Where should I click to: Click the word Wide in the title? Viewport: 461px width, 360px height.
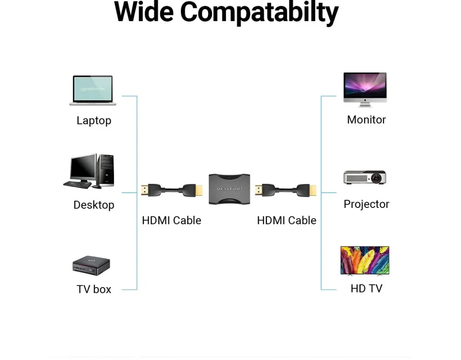[144, 12]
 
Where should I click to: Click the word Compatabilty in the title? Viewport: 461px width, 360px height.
[259, 13]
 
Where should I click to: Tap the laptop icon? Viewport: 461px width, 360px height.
[93, 90]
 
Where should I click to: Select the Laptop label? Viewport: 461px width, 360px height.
[94, 121]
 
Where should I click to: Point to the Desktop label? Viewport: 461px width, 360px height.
[94, 205]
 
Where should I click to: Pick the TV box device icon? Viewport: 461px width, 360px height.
[91, 265]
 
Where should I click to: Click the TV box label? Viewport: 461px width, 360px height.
[94, 289]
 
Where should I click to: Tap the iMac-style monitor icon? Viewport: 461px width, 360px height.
[365, 89]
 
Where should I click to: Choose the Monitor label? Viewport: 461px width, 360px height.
[366, 120]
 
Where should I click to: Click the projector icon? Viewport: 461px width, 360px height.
[365, 177]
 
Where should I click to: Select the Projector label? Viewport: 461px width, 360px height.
[366, 204]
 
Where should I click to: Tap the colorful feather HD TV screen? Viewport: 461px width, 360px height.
[365, 260]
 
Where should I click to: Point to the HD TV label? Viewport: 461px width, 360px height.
[366, 288]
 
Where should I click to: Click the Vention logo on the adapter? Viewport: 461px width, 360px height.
[229, 189]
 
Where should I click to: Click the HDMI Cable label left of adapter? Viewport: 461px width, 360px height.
[171, 220]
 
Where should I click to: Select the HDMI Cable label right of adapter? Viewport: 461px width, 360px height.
[286, 220]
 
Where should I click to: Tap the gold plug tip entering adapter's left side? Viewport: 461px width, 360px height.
[199, 190]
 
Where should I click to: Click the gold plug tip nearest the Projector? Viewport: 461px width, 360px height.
[313, 190]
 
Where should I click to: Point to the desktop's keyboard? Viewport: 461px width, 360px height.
[77, 184]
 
